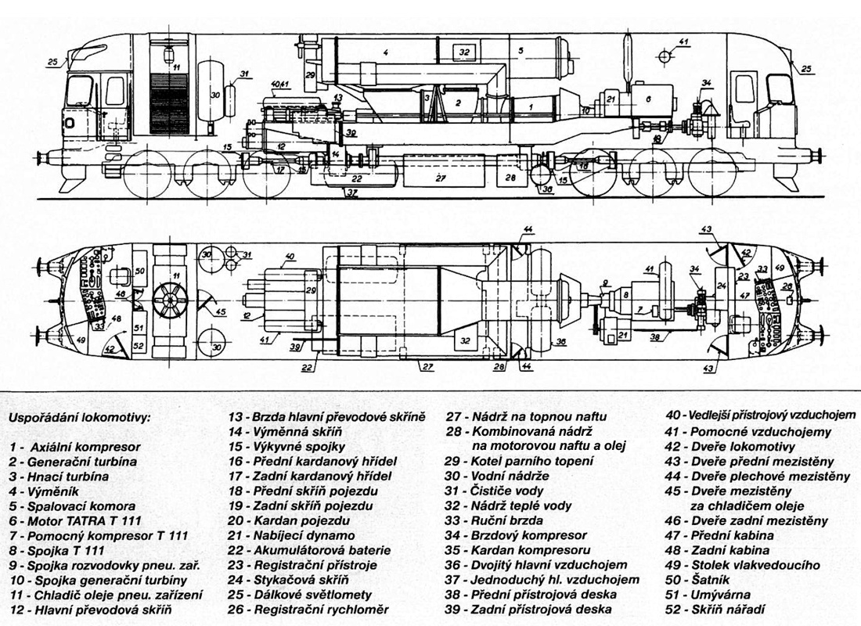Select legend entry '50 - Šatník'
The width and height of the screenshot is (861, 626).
click(691, 580)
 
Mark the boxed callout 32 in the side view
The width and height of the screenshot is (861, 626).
click(464, 52)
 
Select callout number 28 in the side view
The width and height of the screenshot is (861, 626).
click(510, 178)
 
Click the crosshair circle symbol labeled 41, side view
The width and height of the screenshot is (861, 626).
click(664, 56)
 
